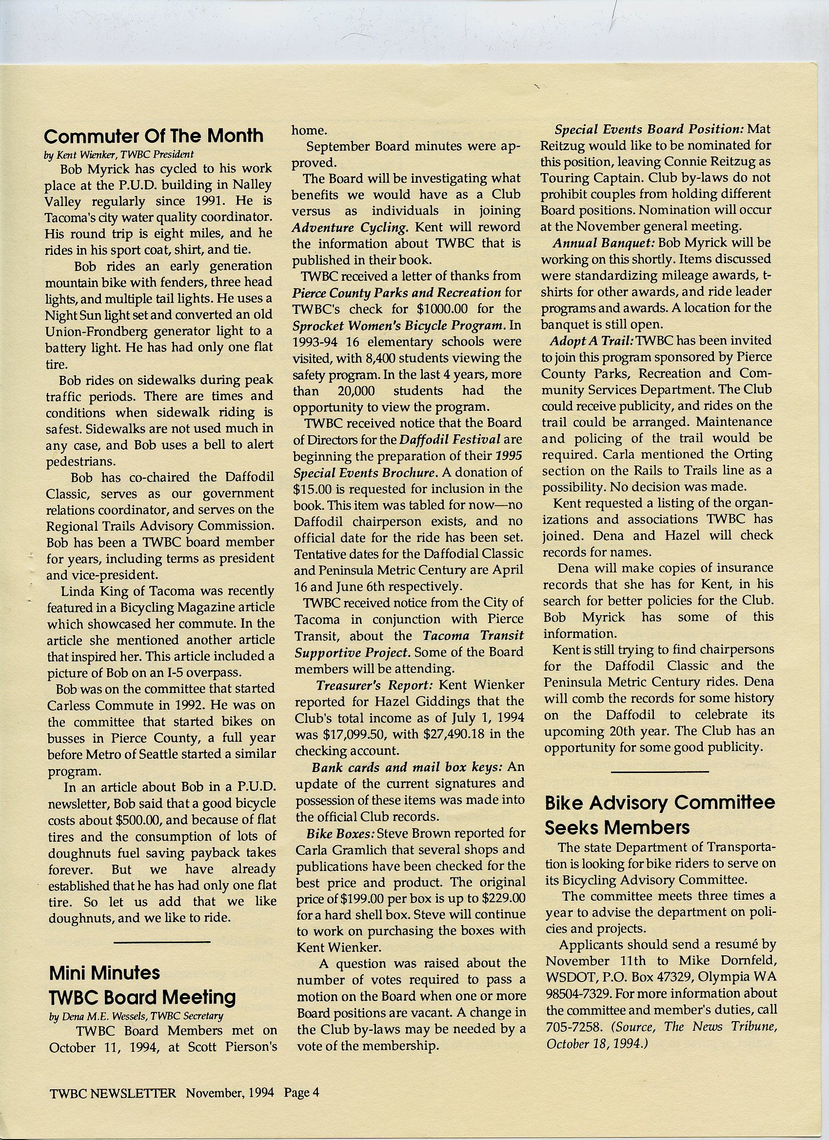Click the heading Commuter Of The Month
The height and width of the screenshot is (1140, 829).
click(x=154, y=136)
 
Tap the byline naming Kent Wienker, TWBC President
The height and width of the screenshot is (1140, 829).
click(x=118, y=155)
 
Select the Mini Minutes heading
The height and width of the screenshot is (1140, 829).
click(x=105, y=973)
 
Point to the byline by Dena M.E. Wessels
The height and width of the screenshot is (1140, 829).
click(x=136, y=1016)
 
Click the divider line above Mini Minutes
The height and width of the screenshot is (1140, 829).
click(x=162, y=942)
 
